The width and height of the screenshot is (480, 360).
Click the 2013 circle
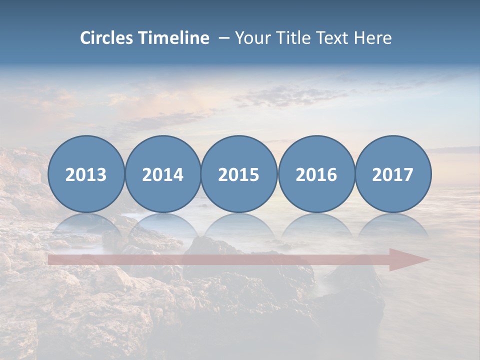pos(86,174)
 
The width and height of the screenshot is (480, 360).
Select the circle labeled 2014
pos(163,174)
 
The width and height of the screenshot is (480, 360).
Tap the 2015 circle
pos(239,174)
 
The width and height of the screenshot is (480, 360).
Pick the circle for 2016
pos(316,174)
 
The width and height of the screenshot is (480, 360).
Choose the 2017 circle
pos(393,174)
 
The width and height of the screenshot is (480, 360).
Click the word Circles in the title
pos(107,38)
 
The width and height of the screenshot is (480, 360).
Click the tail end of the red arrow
pos(50,259)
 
